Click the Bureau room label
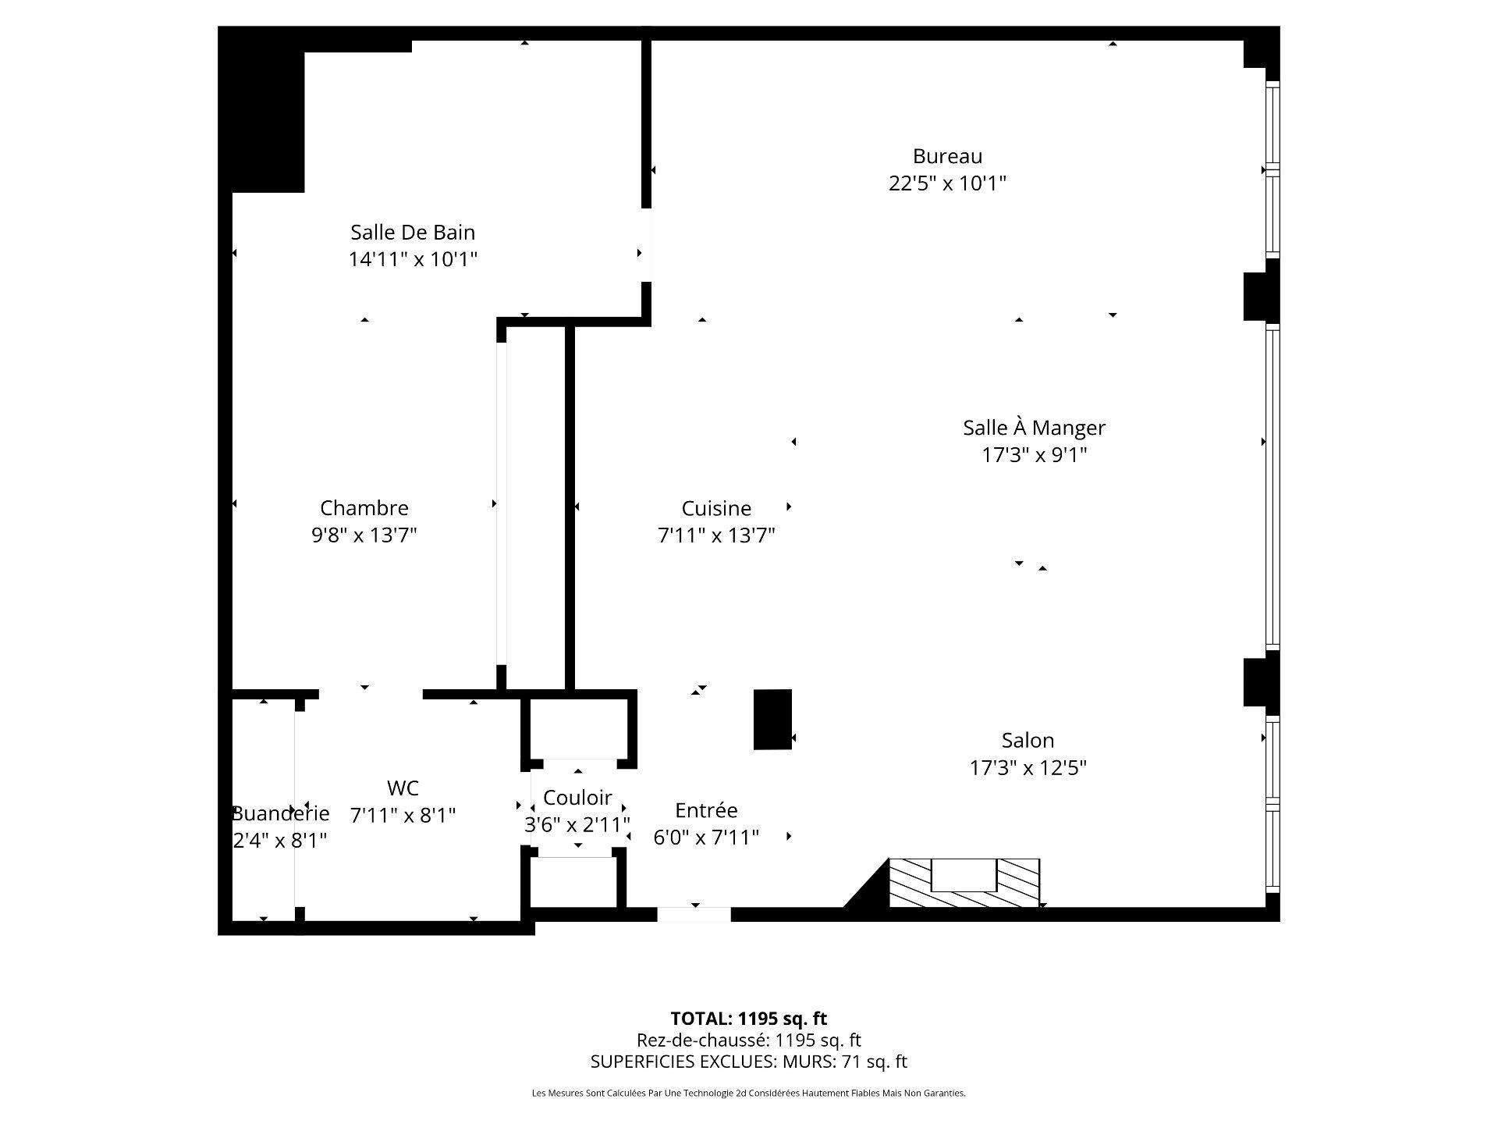click(x=947, y=157)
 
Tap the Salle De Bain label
click(x=412, y=233)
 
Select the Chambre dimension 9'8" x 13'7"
click(x=364, y=535)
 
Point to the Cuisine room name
click(x=715, y=509)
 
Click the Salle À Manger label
click(x=1034, y=428)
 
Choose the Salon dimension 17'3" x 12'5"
click(x=1028, y=768)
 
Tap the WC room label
click(x=403, y=788)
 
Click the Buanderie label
click(x=281, y=813)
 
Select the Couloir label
click(x=577, y=798)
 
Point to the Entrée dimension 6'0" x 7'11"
click(x=705, y=838)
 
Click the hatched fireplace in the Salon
click(x=964, y=884)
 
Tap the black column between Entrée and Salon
click(x=772, y=720)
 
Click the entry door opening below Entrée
click(x=694, y=915)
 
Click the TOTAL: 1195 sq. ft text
click(x=748, y=1019)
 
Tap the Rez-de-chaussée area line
click(x=748, y=1040)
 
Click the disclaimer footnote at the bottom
click(x=748, y=1094)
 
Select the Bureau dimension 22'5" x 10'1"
click(x=947, y=183)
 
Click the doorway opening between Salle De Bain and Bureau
click(x=646, y=245)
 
